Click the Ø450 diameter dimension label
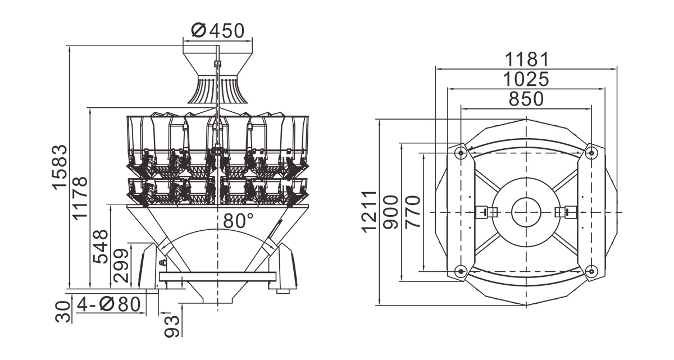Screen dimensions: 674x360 click(x=217, y=30)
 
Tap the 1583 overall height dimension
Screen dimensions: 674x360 click(x=60, y=167)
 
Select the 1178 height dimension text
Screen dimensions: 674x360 click(x=80, y=198)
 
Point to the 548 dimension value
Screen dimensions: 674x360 click(x=100, y=247)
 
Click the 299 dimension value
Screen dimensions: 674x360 click(x=121, y=266)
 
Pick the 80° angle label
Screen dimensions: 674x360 click(x=238, y=221)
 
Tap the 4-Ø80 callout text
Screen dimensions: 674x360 click(x=108, y=304)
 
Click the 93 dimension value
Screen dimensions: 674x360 click(x=172, y=326)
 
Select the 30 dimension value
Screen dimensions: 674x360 click(x=63, y=312)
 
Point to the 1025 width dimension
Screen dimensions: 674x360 click(x=526, y=79)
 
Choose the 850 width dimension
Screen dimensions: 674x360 click(x=526, y=99)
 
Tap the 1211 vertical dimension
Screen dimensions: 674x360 click(x=369, y=212)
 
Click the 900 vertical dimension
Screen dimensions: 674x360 click(x=390, y=212)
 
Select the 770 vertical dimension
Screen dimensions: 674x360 click(x=412, y=212)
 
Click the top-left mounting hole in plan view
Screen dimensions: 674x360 click(x=461, y=153)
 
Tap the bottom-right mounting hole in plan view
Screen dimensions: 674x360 click(x=591, y=271)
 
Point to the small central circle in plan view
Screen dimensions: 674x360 click(x=526, y=212)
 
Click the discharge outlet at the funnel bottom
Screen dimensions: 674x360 click(x=217, y=300)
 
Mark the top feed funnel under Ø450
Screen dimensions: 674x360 click(x=217, y=78)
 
